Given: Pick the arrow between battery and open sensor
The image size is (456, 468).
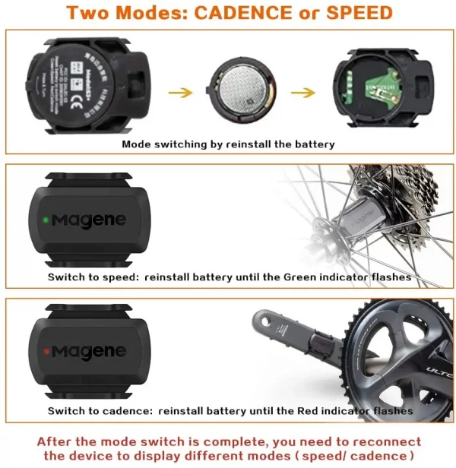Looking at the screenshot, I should (302, 93).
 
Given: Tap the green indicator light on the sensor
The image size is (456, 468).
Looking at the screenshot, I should (46, 220).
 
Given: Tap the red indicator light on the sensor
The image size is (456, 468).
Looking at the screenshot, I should (46, 351).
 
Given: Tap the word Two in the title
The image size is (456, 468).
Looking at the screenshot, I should (84, 13).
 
